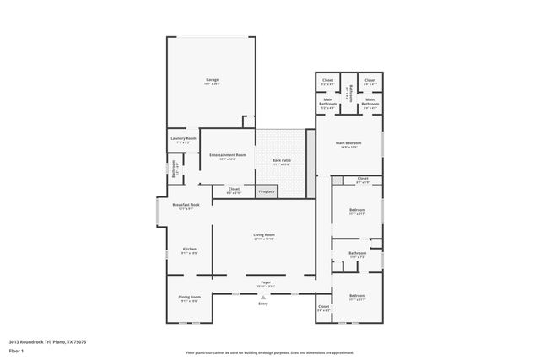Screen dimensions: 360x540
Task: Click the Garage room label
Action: click(x=212, y=80)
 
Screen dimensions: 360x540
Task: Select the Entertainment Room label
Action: click(x=228, y=155)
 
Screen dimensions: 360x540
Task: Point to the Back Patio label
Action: click(x=282, y=160)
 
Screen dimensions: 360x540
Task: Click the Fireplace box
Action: click(x=267, y=192)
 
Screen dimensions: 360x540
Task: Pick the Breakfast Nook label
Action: click(x=186, y=205)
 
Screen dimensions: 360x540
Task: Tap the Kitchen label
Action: click(x=189, y=249)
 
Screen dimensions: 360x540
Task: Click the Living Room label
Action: click(x=264, y=235)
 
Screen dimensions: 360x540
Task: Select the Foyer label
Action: click(x=264, y=282)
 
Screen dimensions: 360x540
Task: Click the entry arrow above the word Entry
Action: click(x=263, y=298)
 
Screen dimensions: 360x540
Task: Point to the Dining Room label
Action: click(x=189, y=297)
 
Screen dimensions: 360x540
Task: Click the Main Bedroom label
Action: click(x=348, y=143)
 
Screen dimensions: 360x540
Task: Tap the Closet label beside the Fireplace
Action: click(x=234, y=189)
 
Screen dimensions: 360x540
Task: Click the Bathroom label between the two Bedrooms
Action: click(x=357, y=252)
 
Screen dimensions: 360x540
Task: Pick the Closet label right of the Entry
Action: click(x=323, y=306)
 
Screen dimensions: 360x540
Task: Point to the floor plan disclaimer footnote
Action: click(x=269, y=352)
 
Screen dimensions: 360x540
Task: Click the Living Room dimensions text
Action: click(x=264, y=239)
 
